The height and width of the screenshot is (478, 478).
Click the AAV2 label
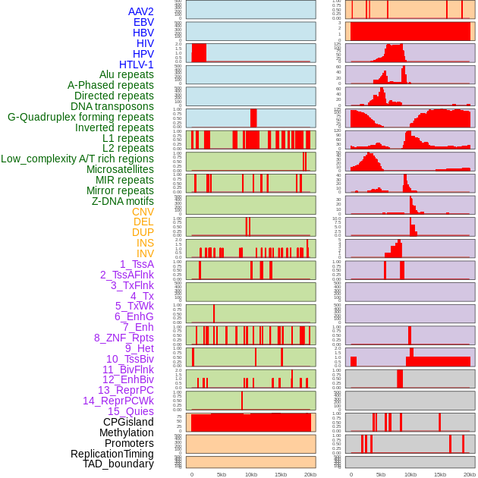(x=140, y=11)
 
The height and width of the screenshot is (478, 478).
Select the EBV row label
(x=143, y=22)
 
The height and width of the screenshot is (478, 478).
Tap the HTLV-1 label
(x=136, y=64)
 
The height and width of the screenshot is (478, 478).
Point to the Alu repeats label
(x=126, y=74)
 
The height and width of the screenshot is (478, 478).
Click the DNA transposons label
(x=112, y=106)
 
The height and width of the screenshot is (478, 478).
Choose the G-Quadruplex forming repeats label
(x=80, y=117)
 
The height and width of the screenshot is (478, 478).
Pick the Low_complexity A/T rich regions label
(x=77, y=159)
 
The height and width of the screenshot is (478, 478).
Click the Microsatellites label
(x=120, y=169)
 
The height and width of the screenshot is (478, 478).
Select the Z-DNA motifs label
(x=122, y=201)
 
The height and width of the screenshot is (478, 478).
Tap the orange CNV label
(x=143, y=212)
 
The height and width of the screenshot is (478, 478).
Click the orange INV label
(x=145, y=253)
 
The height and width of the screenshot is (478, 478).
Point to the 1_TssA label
(x=137, y=264)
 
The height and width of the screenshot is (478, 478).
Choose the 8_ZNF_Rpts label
(x=124, y=338)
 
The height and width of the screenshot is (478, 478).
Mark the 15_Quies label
(x=131, y=411)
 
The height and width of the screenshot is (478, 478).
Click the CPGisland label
(x=128, y=422)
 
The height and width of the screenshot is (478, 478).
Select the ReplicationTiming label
(x=112, y=454)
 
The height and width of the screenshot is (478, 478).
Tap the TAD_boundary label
(x=118, y=464)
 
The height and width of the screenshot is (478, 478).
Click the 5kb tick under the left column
(x=222, y=474)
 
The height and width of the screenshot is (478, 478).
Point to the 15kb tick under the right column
(x=440, y=474)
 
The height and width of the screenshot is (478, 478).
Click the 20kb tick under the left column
(x=310, y=474)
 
